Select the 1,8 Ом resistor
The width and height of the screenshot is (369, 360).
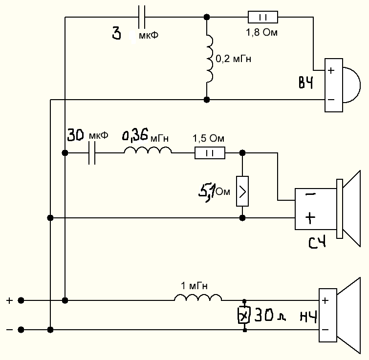(x=263, y=18)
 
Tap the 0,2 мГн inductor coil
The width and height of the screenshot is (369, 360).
(x=209, y=58)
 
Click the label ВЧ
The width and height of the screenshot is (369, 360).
(x=306, y=83)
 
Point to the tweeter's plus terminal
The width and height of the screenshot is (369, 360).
(x=331, y=70)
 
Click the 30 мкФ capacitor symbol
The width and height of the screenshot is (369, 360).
(x=91, y=153)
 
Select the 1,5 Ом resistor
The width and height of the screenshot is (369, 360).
(x=210, y=153)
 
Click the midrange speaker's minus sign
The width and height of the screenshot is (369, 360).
(x=310, y=194)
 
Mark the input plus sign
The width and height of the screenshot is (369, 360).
(x=9, y=300)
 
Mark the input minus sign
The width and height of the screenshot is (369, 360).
(x=9, y=330)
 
